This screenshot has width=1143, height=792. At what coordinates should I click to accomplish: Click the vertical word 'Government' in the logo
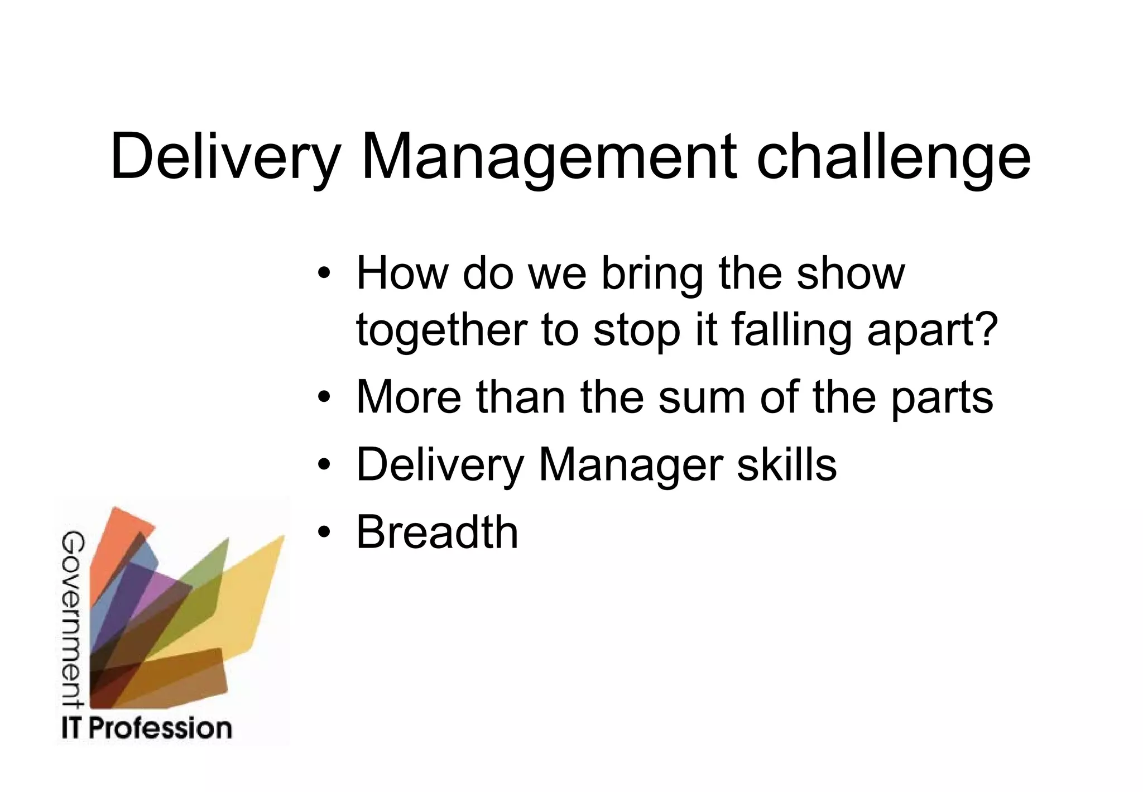(x=73, y=620)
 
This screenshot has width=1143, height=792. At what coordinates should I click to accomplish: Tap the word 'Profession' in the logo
(x=160, y=728)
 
